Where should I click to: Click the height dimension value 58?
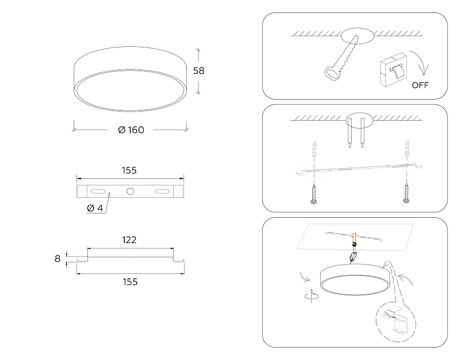[x=199, y=71]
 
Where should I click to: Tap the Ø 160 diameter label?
[x=131, y=130]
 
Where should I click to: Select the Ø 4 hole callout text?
[x=95, y=209]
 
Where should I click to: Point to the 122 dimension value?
[x=129, y=240]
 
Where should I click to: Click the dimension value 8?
[x=58, y=259]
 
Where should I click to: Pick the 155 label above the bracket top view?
[x=129, y=170]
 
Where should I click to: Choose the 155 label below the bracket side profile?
[x=130, y=282]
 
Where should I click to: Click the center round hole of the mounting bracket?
[x=130, y=191]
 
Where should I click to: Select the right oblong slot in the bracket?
[x=163, y=191]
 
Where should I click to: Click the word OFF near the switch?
[x=420, y=85]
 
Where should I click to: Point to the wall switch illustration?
[x=394, y=70]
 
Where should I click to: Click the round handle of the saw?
[x=332, y=73]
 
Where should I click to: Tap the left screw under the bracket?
[x=314, y=194]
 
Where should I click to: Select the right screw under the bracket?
[x=406, y=193]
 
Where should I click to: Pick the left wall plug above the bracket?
[x=315, y=149]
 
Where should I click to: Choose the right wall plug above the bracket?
[x=407, y=148]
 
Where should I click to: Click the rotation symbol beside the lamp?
[x=311, y=295]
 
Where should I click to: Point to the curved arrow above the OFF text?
[x=420, y=63]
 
